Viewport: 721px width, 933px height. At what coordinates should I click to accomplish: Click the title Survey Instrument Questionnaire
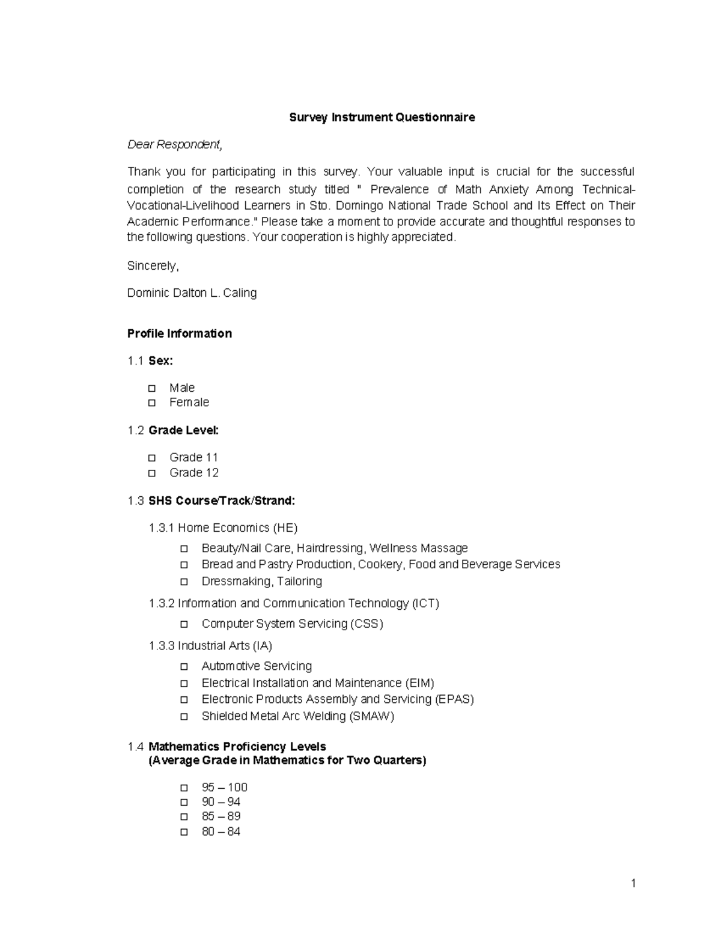pos(382,117)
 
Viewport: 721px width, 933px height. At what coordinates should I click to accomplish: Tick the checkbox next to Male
pos(152,388)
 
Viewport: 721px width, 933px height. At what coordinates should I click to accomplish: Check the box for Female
pos(152,403)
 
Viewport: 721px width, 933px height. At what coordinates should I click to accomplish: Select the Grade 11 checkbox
pos(152,457)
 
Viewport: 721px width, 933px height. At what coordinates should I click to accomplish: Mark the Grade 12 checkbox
pos(152,473)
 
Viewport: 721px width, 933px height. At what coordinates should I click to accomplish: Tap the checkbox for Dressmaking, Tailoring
pos(184,582)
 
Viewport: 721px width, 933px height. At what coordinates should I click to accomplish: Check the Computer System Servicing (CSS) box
pos(184,624)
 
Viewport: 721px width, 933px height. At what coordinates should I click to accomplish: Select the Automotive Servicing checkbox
pos(184,666)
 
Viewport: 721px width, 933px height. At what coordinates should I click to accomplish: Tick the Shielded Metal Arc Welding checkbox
pos(184,716)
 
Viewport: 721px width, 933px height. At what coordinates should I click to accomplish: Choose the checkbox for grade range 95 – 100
pos(184,788)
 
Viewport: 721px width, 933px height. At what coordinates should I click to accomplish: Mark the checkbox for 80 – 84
pos(184,832)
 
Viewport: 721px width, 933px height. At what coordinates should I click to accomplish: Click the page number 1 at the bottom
pos(633,883)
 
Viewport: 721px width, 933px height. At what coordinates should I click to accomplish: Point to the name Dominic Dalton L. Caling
pos(192,293)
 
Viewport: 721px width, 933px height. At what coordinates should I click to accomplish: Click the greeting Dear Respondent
pos(174,145)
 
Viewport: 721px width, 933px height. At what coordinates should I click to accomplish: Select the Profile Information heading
pos(179,333)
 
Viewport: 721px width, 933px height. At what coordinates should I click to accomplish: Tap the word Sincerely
pos(153,266)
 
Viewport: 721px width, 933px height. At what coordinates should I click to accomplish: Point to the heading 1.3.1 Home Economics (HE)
pos(223,528)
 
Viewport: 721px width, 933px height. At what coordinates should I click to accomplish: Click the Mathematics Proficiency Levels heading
pos(237,747)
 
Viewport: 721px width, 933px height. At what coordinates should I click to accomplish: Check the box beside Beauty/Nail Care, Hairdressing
pos(184,549)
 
